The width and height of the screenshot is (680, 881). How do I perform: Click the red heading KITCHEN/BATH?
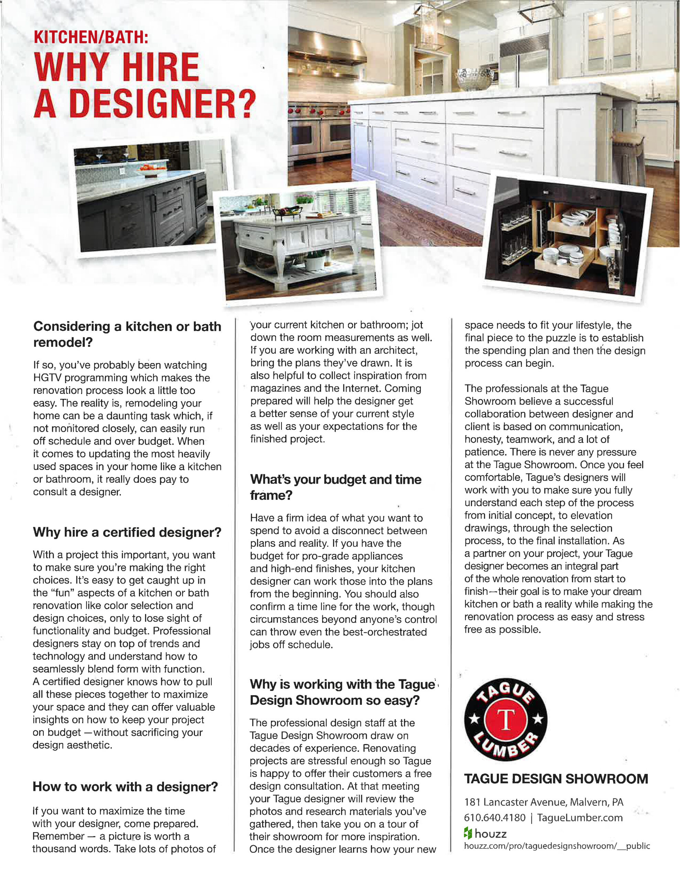91,37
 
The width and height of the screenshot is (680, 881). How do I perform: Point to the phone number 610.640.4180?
495,817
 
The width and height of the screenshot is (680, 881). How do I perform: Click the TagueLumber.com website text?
580,817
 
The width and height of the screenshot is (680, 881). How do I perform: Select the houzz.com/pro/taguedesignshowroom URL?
557,846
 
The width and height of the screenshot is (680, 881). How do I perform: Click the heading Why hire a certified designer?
127,532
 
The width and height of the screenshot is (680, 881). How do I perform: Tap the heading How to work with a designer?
125,786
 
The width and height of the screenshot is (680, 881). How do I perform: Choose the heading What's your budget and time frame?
336,487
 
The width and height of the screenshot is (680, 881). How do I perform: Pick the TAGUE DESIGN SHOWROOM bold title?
556,778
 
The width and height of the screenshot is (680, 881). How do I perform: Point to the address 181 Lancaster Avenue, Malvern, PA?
544,802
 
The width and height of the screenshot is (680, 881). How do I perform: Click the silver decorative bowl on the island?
476,79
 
